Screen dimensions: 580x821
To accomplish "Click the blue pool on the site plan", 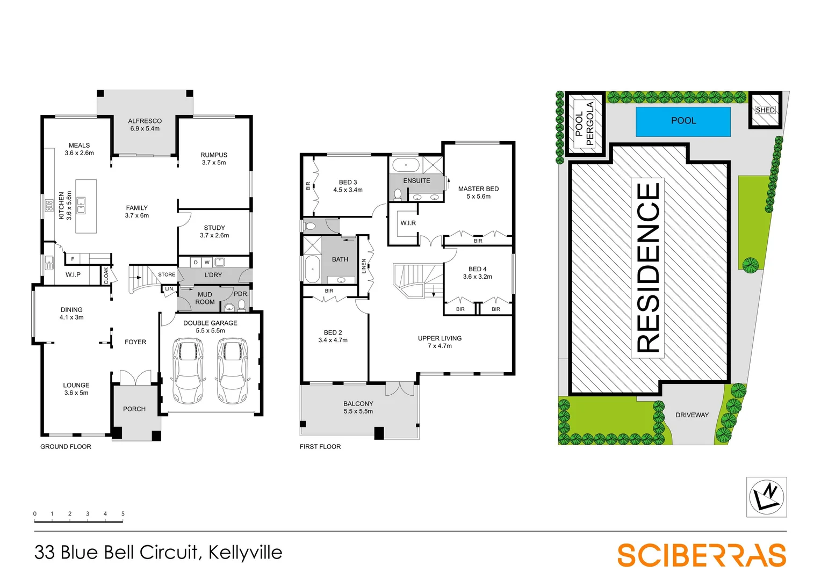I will [683, 121].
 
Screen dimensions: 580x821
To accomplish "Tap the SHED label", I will [765, 110].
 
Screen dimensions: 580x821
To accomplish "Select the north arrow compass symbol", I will [766, 497].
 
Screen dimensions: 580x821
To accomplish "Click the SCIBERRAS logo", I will [701, 555].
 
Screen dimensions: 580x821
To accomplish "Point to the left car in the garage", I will [188, 371].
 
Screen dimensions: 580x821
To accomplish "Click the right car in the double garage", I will [233, 371].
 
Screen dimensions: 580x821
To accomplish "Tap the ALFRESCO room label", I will [145, 121].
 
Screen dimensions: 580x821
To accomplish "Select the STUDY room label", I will [214, 228].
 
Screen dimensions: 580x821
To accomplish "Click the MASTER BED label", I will [478, 189].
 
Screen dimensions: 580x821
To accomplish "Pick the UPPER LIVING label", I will [440, 338].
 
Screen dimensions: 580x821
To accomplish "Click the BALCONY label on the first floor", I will [358, 404].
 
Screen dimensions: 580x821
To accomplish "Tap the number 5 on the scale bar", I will [123, 514].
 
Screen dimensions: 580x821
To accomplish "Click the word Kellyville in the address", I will [245, 553].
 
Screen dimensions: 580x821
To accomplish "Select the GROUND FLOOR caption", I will [66, 447].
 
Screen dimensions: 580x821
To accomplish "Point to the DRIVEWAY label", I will [692, 415].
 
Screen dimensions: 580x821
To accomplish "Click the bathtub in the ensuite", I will [406, 165].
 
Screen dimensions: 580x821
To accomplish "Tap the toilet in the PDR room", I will [242, 306].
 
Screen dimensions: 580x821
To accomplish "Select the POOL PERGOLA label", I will [584, 124].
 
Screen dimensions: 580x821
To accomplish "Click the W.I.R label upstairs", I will [408, 223].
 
